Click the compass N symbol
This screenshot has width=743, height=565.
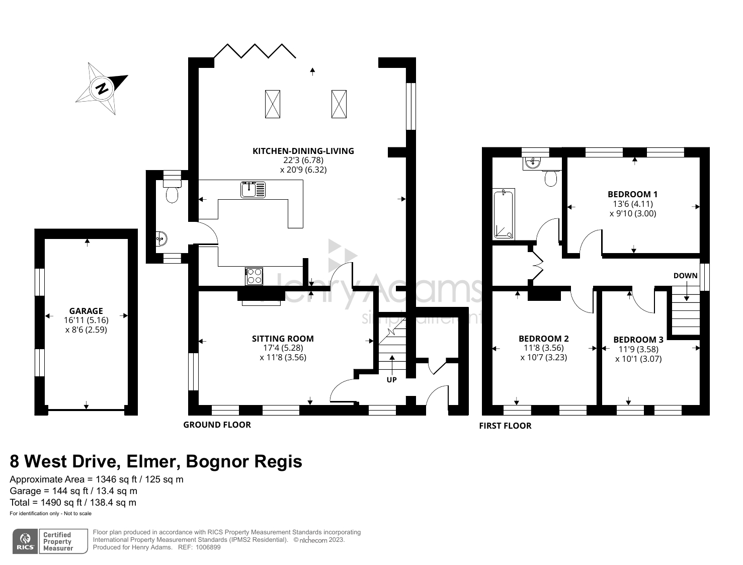(x=102, y=89)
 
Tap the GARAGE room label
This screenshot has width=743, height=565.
(x=86, y=311)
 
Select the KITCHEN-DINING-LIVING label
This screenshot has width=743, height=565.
(x=303, y=151)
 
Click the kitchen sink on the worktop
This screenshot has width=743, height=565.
(x=253, y=190)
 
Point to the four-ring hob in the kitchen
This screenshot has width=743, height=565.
(x=254, y=276)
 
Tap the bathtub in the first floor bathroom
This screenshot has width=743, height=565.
(x=504, y=214)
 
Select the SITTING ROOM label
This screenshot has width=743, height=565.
(x=283, y=339)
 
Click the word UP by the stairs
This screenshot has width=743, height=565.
(x=392, y=380)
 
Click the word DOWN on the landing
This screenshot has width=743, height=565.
(x=685, y=276)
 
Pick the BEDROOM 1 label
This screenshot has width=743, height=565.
(x=632, y=194)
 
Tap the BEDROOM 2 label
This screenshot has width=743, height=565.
(x=544, y=339)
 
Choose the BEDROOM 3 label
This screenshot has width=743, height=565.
(x=638, y=340)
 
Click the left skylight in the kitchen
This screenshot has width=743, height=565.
(x=273, y=104)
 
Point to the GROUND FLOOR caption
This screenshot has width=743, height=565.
(x=217, y=425)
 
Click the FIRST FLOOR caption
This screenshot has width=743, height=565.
(x=505, y=426)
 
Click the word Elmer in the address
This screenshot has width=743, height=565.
(x=152, y=461)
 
